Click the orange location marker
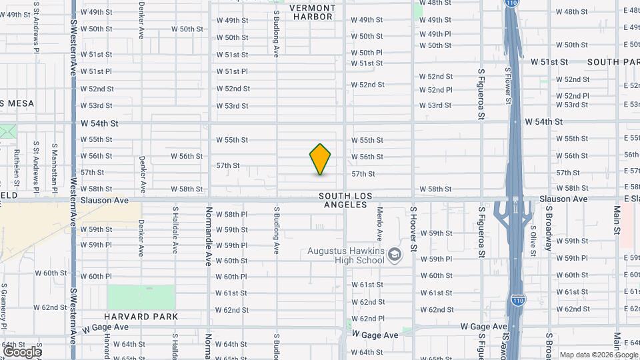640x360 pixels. (320, 159)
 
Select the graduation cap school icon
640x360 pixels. (395, 255)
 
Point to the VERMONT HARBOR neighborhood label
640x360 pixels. (312, 12)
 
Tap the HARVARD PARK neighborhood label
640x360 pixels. (141, 317)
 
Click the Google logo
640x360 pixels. (21, 351)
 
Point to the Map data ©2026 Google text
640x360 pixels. (598, 355)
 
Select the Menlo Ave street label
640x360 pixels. (379, 223)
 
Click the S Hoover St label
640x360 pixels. (413, 228)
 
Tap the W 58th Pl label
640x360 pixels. (232, 214)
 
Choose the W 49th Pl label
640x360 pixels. (435, 34)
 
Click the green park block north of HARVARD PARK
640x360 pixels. (141, 297)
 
